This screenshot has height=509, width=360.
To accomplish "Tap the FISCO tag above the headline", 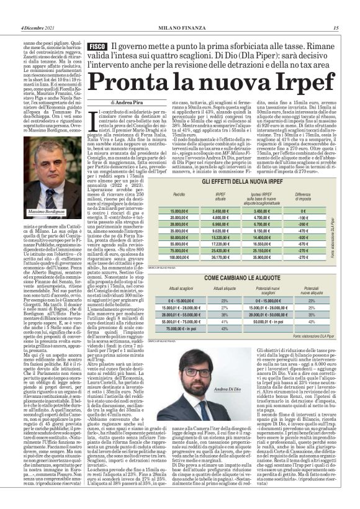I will (x=96, y=47).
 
